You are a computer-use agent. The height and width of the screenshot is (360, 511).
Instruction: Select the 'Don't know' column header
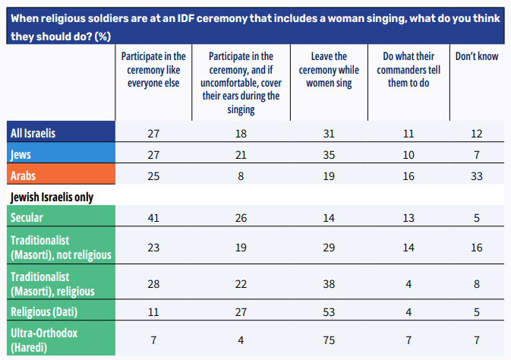coord(476,57)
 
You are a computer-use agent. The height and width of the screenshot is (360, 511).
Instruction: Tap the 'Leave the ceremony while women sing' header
coord(330,70)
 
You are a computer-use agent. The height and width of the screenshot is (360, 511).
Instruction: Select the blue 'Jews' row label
coord(23,154)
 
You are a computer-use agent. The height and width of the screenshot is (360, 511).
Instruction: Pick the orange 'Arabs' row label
coord(26,175)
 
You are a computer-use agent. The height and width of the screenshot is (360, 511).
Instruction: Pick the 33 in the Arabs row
coord(476,175)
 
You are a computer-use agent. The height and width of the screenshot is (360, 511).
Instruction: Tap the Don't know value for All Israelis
coord(476,133)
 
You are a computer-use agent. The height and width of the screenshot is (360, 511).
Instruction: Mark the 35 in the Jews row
coord(330,154)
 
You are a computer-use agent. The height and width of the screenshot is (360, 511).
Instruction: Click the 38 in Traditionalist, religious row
coord(330,283)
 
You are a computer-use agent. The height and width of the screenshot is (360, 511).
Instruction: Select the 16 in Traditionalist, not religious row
coord(476,247)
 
